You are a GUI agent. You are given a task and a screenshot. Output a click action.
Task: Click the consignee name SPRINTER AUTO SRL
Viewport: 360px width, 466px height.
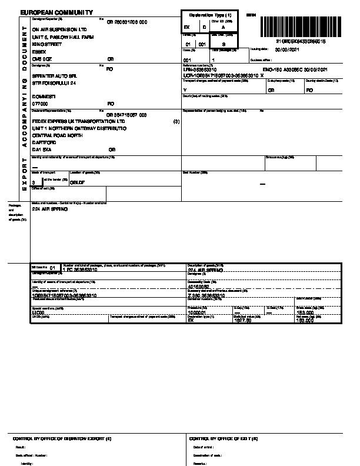(x=55, y=76)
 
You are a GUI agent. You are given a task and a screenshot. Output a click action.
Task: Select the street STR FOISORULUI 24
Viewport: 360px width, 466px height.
(x=55, y=83)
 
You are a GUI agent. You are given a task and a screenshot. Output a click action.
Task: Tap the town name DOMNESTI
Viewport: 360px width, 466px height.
(x=44, y=96)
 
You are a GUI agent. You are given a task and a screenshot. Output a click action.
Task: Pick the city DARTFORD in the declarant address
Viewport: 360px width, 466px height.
(x=45, y=142)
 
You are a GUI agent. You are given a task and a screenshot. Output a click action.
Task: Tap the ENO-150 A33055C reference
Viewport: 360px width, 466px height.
(x=283, y=69)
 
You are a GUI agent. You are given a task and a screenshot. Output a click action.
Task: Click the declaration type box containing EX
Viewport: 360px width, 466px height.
(x=188, y=26)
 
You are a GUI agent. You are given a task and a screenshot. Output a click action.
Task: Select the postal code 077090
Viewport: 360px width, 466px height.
(x=41, y=103)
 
